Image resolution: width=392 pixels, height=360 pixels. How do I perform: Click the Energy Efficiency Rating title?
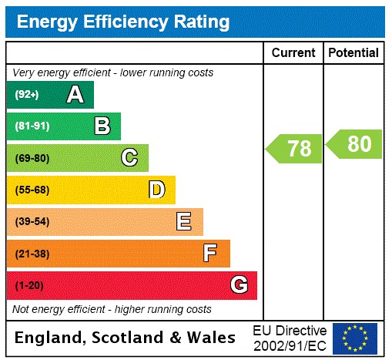(x=123, y=22)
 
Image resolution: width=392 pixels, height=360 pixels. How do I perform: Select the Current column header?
(x=293, y=53)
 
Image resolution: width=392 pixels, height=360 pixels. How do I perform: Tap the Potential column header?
(x=353, y=53)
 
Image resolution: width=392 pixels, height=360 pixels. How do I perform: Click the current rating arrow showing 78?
(x=294, y=148)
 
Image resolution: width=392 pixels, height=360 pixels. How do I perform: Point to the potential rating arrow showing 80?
(x=354, y=144)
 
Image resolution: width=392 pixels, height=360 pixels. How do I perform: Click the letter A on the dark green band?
(x=75, y=95)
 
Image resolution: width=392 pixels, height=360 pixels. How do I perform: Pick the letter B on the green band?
(x=102, y=126)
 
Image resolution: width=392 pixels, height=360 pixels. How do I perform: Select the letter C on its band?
(x=129, y=158)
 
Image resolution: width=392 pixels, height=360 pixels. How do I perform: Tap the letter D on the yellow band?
(x=156, y=190)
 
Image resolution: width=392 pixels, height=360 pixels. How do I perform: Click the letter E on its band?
(x=183, y=222)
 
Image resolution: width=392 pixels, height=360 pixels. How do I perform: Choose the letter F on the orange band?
(x=210, y=254)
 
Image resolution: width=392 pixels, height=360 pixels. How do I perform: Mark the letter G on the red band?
(x=239, y=285)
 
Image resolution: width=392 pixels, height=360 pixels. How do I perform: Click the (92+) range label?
(x=27, y=95)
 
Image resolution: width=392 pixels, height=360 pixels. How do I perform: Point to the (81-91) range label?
(x=32, y=126)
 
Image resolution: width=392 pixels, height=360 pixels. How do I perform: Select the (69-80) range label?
(x=32, y=158)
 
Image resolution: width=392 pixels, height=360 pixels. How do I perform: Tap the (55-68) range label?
(x=32, y=190)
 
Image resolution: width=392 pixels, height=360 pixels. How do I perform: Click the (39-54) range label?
(x=32, y=222)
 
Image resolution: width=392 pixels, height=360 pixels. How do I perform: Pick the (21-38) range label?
(x=32, y=254)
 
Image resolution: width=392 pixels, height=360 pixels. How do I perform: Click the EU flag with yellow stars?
(x=355, y=338)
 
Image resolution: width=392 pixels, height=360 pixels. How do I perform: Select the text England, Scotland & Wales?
(x=126, y=338)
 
